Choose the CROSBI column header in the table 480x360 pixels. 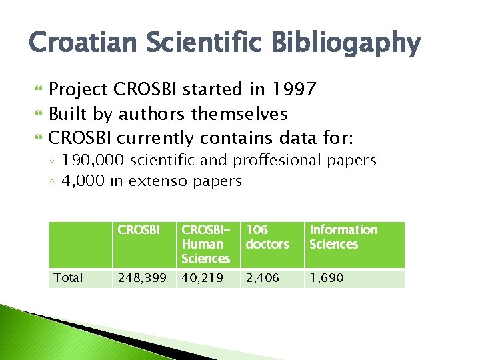coord(139,230)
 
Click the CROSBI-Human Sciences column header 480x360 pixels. coord(205,244)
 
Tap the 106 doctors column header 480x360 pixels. coord(267,237)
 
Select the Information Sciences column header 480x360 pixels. coord(343,237)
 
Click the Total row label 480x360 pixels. coord(68,278)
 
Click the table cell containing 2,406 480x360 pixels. coord(262,278)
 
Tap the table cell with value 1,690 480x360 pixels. coord(327,278)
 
